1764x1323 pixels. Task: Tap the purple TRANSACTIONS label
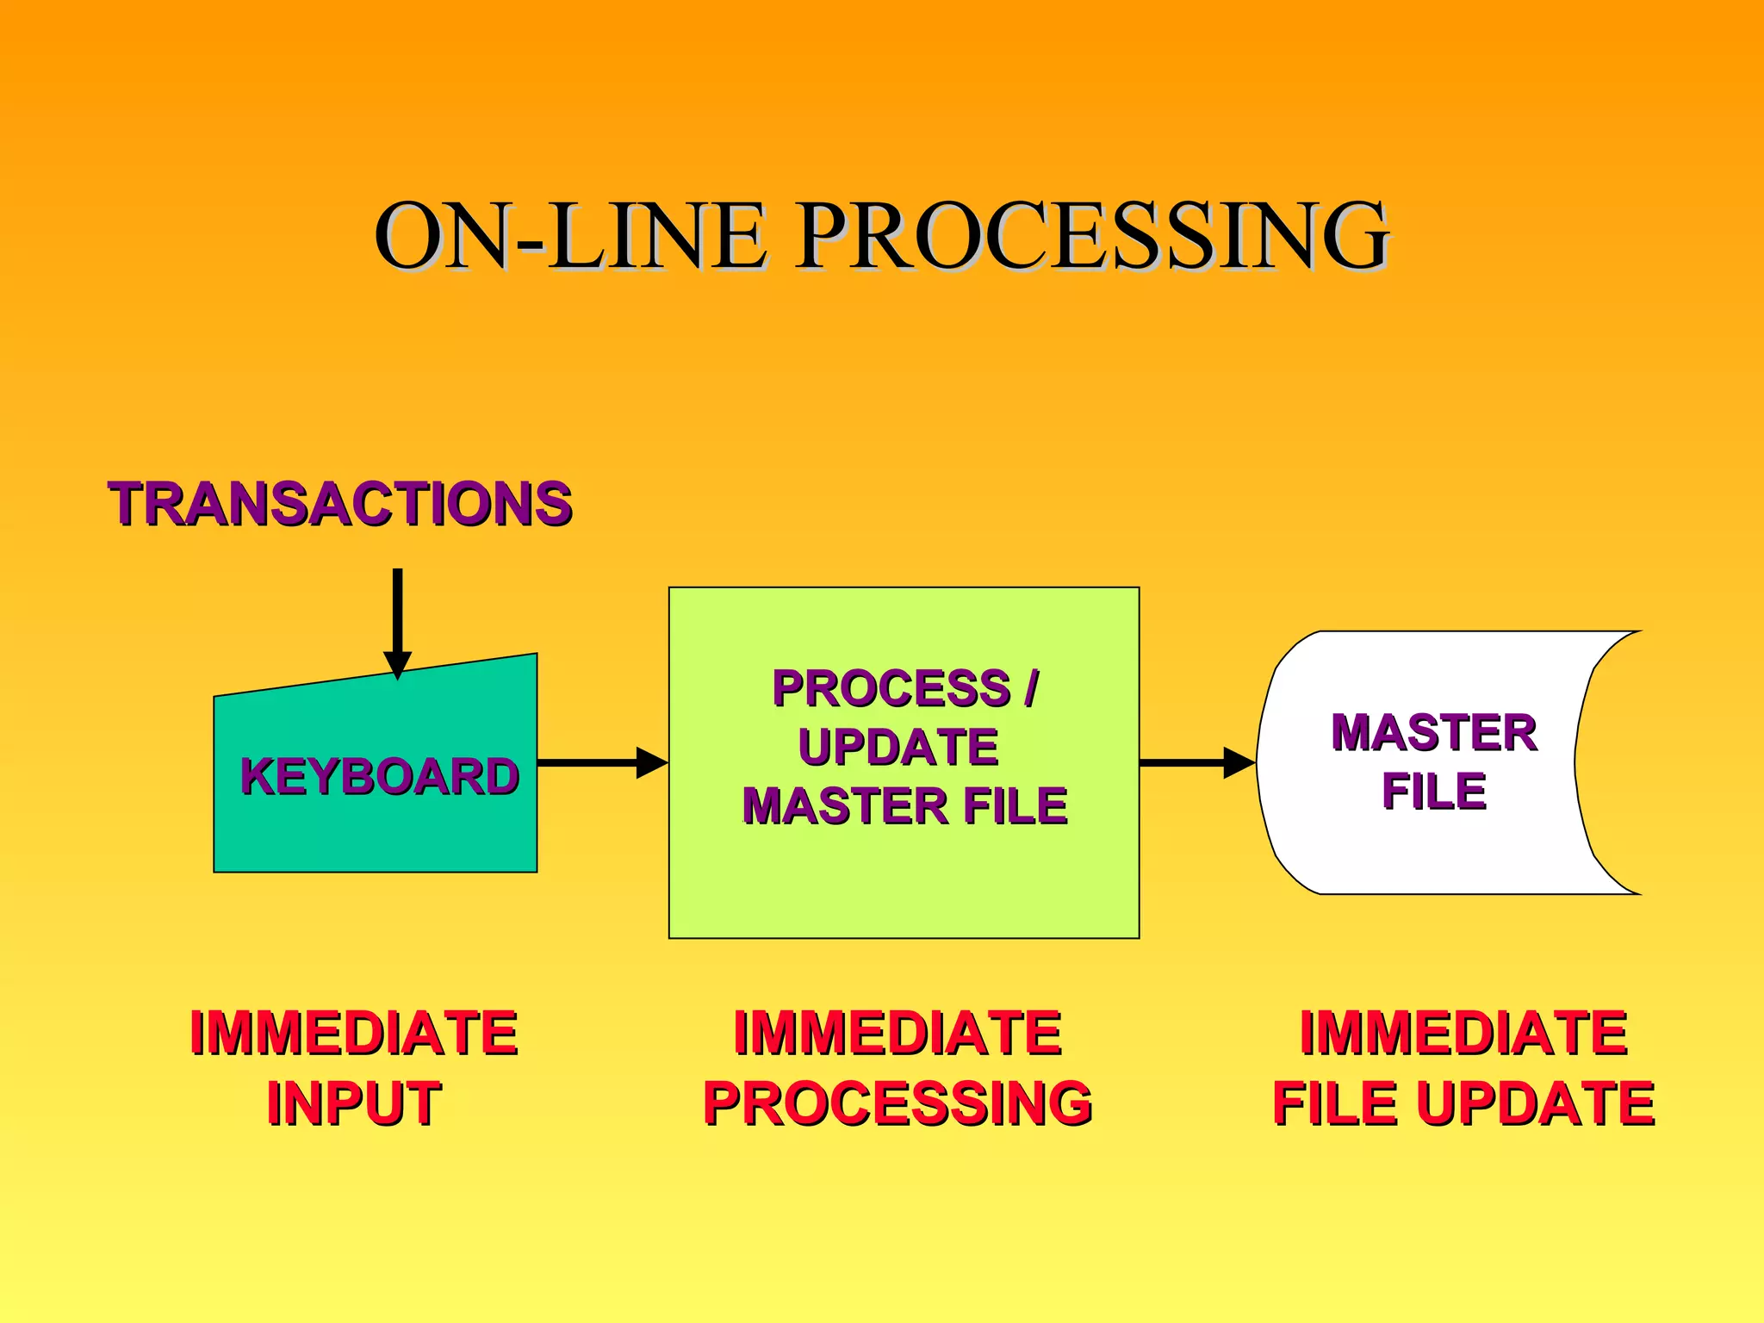tap(340, 503)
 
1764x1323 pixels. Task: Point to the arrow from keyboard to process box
tap(602, 762)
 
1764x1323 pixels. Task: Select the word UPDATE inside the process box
tap(898, 746)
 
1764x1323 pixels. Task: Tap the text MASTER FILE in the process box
tap(904, 805)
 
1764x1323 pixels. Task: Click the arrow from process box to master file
tap(1196, 762)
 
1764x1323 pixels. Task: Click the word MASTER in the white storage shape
tap(1433, 732)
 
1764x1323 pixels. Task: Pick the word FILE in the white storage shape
tap(1433, 790)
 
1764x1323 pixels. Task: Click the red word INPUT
tap(353, 1102)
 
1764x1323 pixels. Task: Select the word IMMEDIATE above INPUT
tap(353, 1032)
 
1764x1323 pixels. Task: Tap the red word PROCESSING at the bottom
tap(898, 1102)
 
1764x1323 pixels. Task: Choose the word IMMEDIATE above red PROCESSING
tap(898, 1032)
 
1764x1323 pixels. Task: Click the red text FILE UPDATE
tap(1463, 1102)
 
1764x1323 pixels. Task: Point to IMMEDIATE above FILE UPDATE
tap(1463, 1032)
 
